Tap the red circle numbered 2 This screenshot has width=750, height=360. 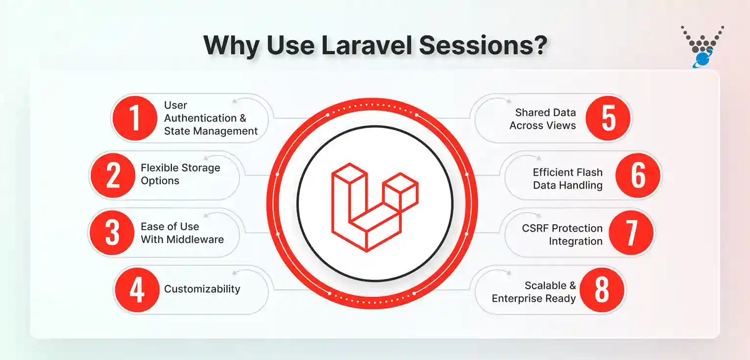[x=113, y=175]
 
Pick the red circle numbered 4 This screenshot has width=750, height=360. [x=137, y=289]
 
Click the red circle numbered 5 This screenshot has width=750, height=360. [x=608, y=119]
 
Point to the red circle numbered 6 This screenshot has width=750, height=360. [x=637, y=175]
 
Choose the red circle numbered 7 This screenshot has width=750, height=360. [x=631, y=233]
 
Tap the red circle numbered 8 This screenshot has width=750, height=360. [x=602, y=289]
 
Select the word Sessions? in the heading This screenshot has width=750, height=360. [x=483, y=46]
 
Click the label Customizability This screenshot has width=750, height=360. [x=202, y=289]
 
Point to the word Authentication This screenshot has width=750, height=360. [x=200, y=118]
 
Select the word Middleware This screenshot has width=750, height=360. [x=196, y=240]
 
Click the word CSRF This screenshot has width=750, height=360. [x=534, y=228]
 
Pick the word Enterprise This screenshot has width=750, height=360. [x=517, y=299]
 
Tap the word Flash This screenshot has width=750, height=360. [x=588, y=172]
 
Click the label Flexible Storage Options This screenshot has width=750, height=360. [x=180, y=174]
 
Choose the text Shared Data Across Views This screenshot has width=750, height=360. [x=543, y=119]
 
